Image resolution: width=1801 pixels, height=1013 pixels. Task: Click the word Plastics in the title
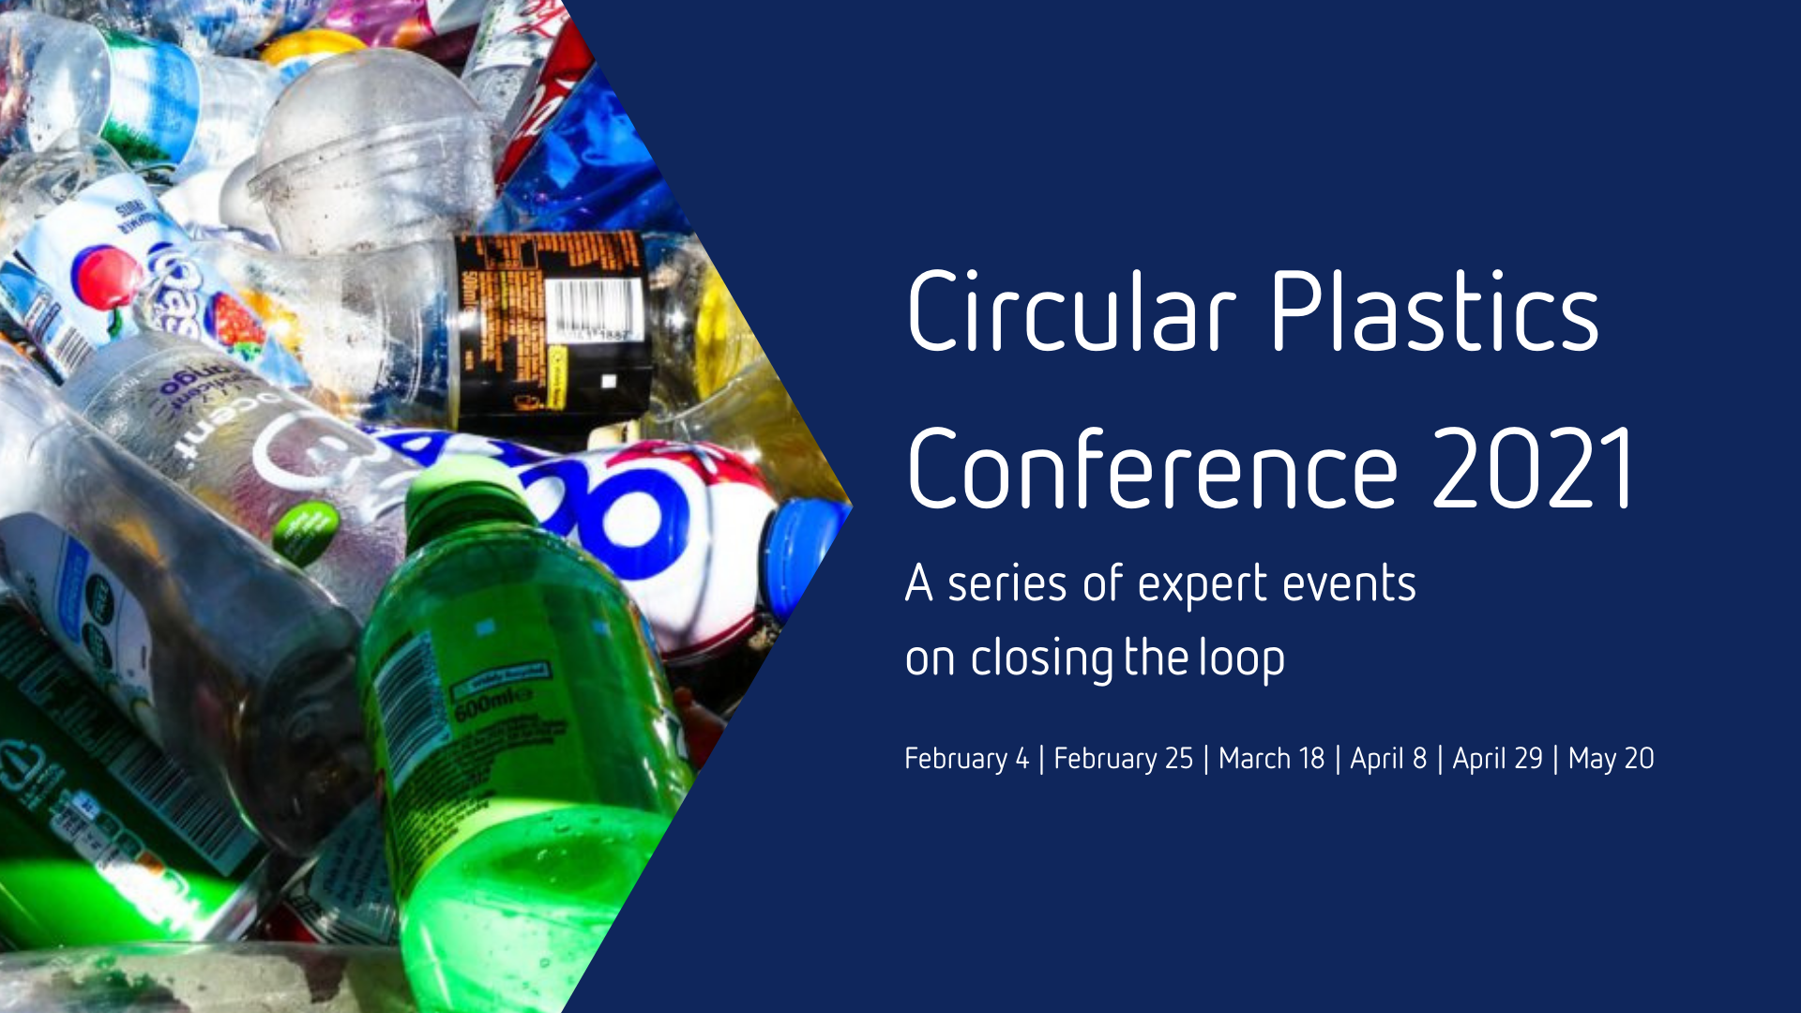[1435, 311]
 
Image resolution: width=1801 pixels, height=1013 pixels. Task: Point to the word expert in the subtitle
[1203, 585]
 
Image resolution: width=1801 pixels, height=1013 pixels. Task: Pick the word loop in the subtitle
[1242, 658]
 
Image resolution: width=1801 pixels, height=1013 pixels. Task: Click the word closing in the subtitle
[1041, 658]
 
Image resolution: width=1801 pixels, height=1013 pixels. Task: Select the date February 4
[966, 758]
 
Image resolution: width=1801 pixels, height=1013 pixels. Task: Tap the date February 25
[1123, 758]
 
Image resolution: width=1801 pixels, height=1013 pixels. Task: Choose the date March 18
[1271, 758]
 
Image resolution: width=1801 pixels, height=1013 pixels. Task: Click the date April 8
[1388, 758]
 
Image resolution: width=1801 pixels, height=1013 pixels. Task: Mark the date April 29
[1497, 758]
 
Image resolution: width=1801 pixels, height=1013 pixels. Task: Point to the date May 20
[1611, 758]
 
